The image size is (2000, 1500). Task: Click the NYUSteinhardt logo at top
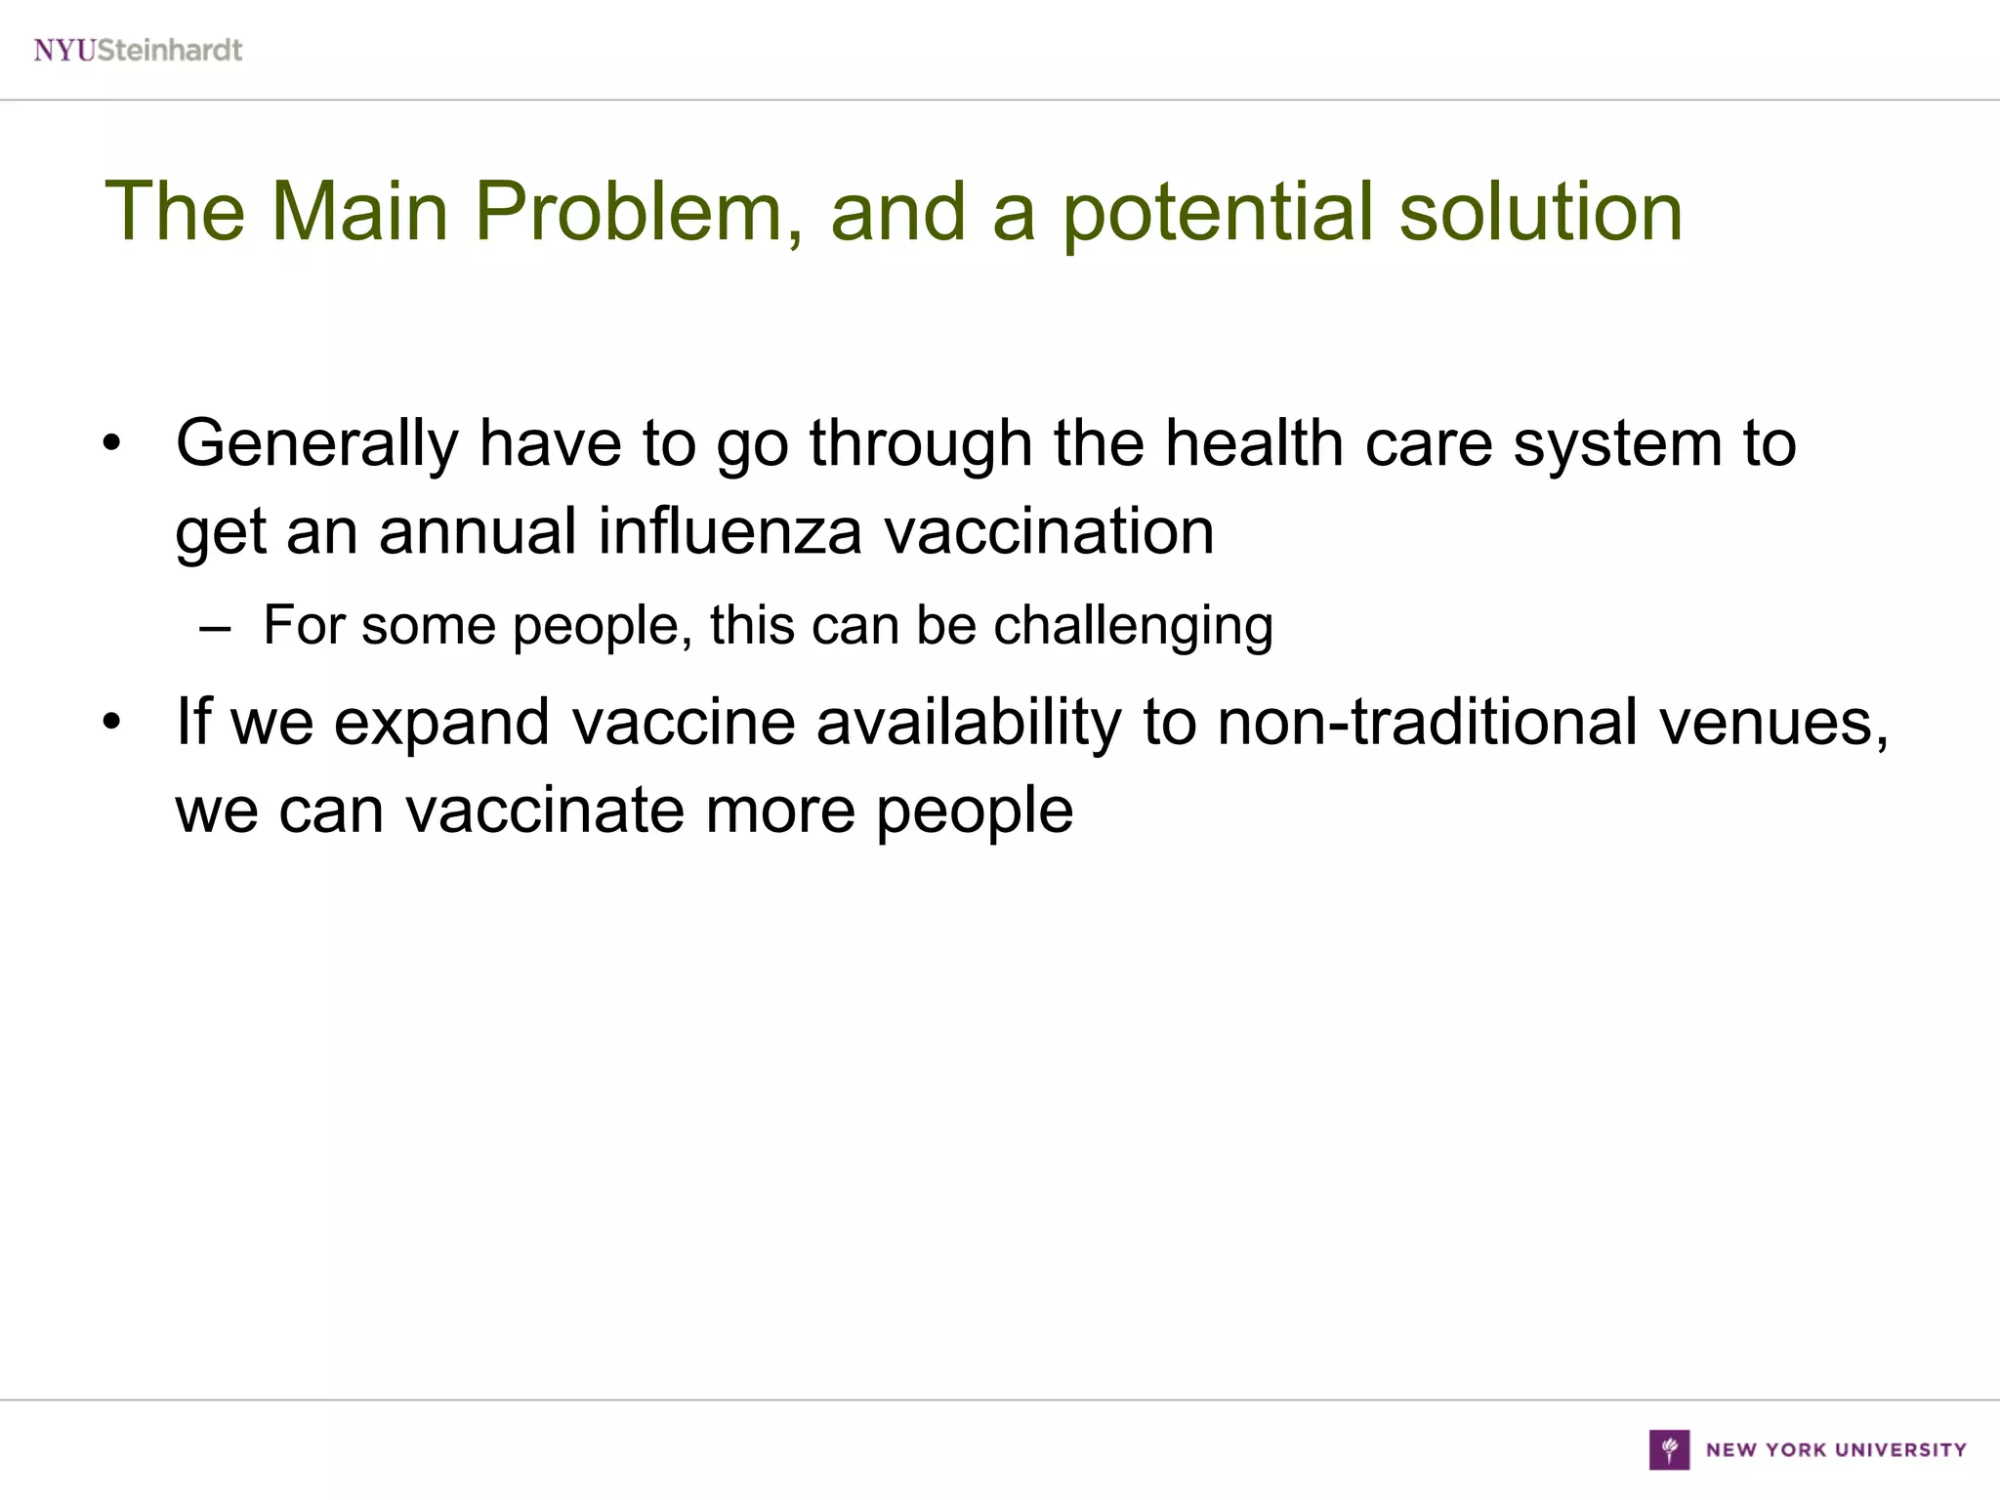coord(138,50)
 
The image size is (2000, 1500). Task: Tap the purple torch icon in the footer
coord(1669,1449)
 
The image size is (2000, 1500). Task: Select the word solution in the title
coord(1541,212)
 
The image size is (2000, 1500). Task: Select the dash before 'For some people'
coord(215,627)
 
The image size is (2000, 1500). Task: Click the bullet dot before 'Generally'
coord(112,445)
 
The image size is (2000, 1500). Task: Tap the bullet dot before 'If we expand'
coord(112,724)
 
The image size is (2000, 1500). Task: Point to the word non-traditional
coord(1428,723)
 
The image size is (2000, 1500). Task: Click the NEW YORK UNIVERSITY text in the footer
coord(1836,1450)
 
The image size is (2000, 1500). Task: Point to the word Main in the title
coord(359,212)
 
